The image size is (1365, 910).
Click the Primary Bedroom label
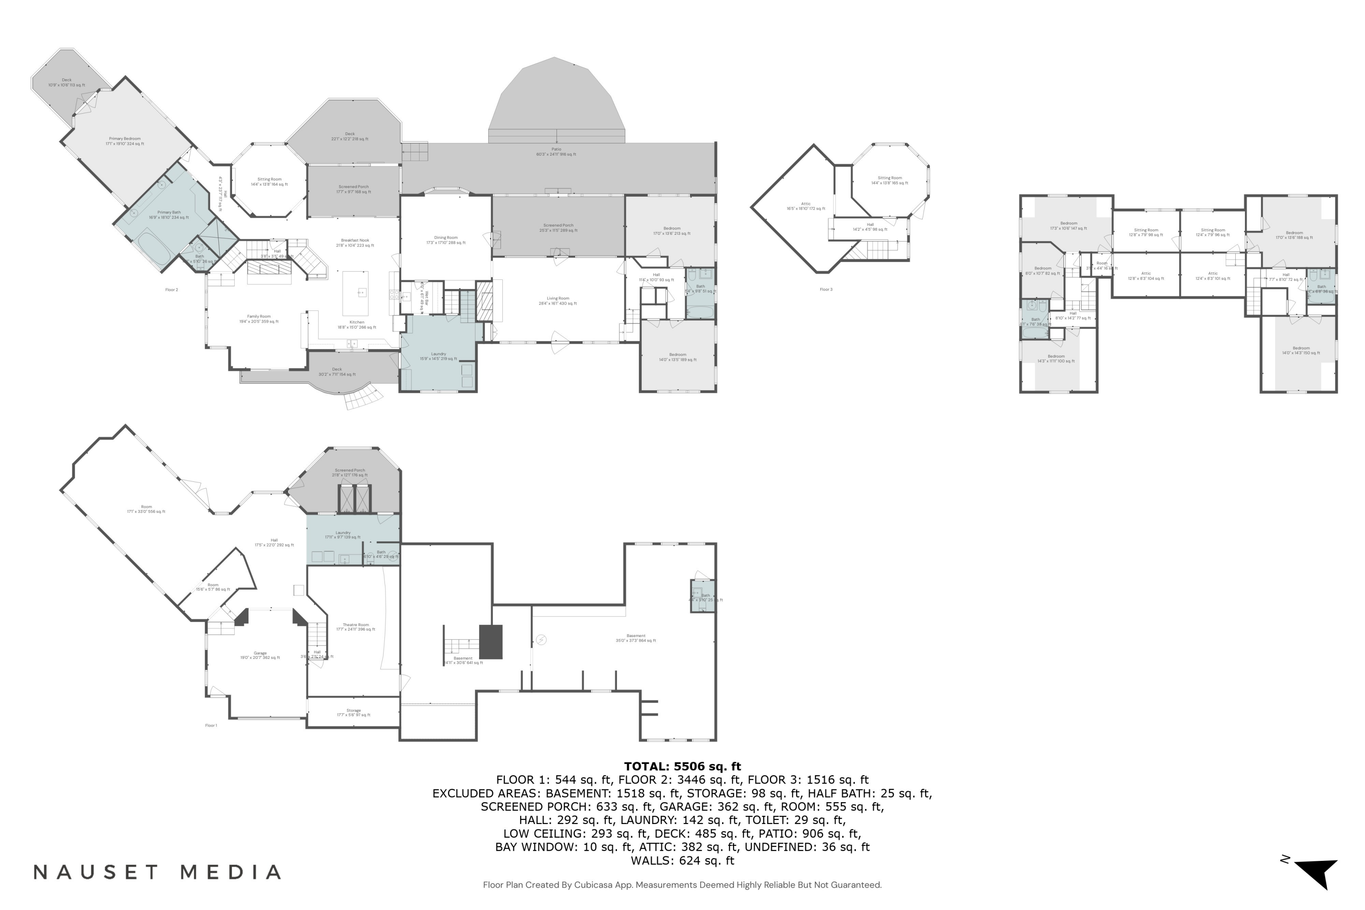coord(125,141)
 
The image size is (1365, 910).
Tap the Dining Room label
coord(446,240)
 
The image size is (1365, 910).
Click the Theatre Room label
coord(355,627)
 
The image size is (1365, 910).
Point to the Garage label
coord(260,655)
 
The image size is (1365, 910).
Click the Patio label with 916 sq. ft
coord(556,152)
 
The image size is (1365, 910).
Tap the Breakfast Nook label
coord(354,243)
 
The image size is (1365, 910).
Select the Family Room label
coord(259,318)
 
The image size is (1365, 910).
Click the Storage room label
coord(354,712)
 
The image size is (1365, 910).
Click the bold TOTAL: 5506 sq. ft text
coord(682,766)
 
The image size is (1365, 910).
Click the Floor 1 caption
coord(211,725)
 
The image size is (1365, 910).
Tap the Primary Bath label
coord(168,215)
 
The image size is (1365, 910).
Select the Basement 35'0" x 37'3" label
coord(636,638)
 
